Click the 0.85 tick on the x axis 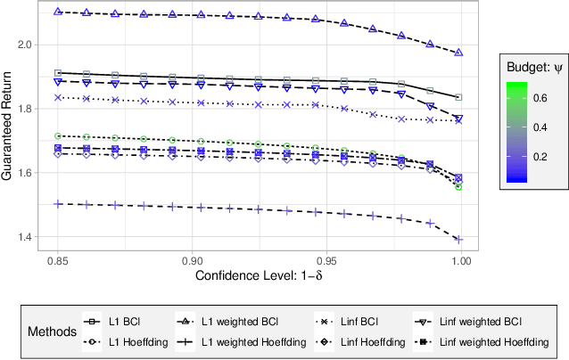(58, 265)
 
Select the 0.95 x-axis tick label (326, 265)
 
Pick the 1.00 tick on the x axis (458, 265)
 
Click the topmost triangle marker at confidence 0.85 (58, 12)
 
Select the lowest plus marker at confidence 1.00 (458, 239)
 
